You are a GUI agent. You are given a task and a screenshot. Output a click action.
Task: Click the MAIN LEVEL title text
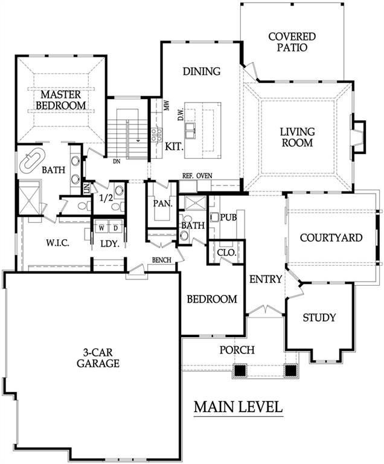pos(238,407)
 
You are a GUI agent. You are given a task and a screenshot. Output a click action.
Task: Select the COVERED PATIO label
pos(287,42)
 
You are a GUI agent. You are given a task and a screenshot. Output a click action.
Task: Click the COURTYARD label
pos(331,237)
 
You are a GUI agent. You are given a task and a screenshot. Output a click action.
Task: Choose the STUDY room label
pos(319,317)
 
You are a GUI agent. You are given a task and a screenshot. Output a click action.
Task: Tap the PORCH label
pos(236,350)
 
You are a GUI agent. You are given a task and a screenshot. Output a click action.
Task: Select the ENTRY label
pos(265,279)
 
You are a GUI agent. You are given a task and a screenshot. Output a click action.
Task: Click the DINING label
pos(201,71)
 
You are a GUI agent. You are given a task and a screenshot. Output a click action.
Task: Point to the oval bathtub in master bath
pos(32,160)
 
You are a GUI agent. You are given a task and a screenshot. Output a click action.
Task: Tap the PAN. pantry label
pos(162,204)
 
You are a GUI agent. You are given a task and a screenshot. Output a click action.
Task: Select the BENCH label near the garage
pos(162,260)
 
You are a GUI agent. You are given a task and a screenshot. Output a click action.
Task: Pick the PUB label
pos(228,217)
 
